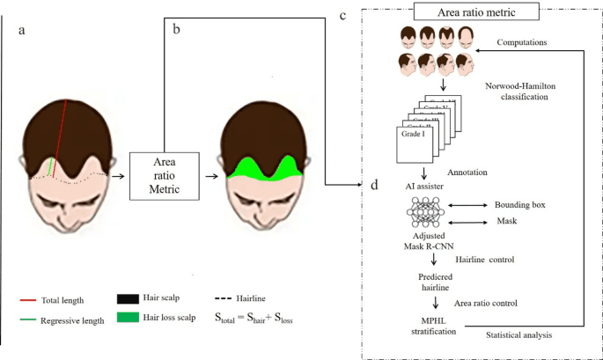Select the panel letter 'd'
pos(375,185)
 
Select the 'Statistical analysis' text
pos(523,335)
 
